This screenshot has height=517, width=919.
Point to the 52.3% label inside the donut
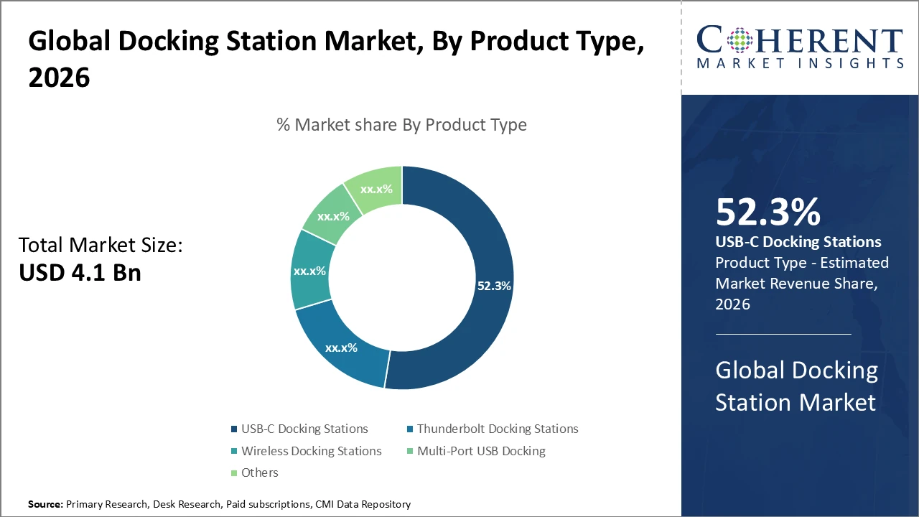494,286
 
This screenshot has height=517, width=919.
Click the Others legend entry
259,472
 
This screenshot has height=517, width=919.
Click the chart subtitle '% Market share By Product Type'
401,125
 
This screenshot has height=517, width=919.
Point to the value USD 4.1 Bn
80,273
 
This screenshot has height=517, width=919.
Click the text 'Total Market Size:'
101,246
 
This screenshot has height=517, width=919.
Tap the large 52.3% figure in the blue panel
768,213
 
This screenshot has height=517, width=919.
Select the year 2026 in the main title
60,78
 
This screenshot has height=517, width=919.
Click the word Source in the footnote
45,505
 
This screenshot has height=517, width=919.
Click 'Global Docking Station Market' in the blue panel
796,386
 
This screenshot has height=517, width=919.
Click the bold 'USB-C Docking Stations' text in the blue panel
798,242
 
